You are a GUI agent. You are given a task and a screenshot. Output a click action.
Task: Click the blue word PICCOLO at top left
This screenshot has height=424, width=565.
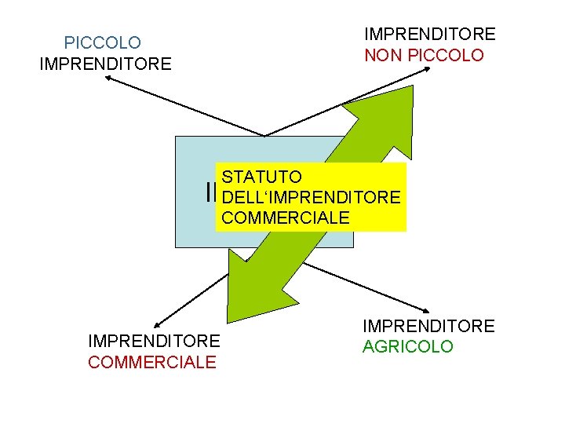coord(103,42)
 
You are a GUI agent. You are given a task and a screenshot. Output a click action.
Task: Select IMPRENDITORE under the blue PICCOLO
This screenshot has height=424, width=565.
coord(105,64)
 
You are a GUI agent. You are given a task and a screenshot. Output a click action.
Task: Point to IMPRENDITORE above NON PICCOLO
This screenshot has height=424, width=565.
coord(429,35)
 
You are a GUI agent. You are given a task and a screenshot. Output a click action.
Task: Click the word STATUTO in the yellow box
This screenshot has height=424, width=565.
coord(257,177)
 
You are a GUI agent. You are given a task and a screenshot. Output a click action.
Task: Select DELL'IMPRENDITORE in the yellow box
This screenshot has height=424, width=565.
coord(312,197)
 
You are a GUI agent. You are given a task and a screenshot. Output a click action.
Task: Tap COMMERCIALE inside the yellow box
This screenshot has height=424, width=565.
coord(286,217)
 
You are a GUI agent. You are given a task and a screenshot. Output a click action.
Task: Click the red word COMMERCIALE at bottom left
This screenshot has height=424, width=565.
coord(152,362)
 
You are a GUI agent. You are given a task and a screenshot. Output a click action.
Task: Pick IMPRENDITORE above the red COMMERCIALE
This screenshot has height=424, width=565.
coord(155,341)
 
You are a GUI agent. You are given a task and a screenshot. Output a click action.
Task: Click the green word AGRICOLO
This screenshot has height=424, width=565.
coord(408,346)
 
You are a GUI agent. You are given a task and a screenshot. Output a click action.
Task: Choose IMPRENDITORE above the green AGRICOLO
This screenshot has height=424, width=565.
coord(428,326)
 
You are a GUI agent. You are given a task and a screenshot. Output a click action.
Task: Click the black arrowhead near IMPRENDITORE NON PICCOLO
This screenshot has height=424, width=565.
coord(429,69)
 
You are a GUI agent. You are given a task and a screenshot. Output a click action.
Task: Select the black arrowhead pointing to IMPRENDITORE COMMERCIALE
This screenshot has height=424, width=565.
coord(158,323)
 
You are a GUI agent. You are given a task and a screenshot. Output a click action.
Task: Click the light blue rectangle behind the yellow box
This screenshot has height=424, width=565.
coord(192,228)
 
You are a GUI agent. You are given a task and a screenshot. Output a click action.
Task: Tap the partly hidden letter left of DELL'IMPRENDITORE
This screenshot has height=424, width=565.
coord(212,192)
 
